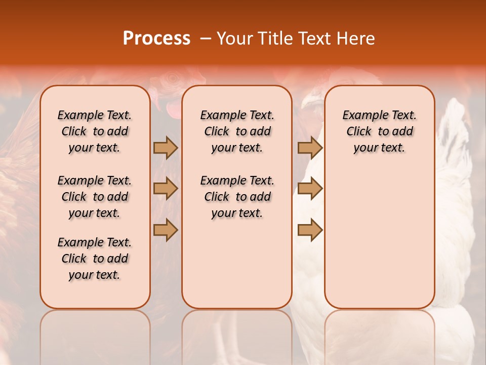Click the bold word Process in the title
(156, 39)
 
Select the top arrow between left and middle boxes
(166, 148)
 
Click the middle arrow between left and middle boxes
(166, 189)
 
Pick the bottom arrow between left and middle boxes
(166, 230)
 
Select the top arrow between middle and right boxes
(310, 148)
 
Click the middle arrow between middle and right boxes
(310, 189)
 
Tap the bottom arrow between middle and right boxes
(310, 230)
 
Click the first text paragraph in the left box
(95, 131)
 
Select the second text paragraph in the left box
(95, 197)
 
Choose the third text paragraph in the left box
(95, 259)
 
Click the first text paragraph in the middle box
(237, 131)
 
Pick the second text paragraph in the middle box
(237, 197)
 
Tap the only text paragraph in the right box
(379, 131)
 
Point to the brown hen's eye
(173, 79)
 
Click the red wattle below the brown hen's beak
(173, 108)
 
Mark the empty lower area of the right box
(379, 238)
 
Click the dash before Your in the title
(206, 39)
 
